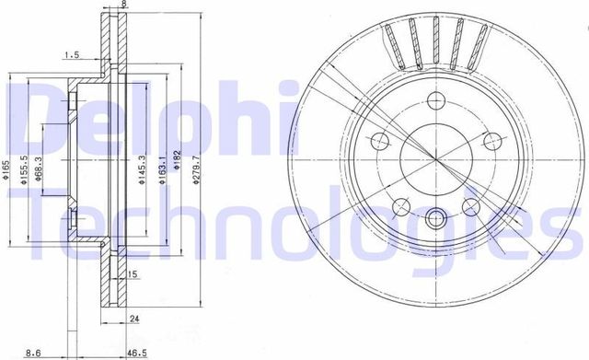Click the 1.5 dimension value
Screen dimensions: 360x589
click(71, 55)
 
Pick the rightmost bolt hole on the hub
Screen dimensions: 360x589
click(493, 141)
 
